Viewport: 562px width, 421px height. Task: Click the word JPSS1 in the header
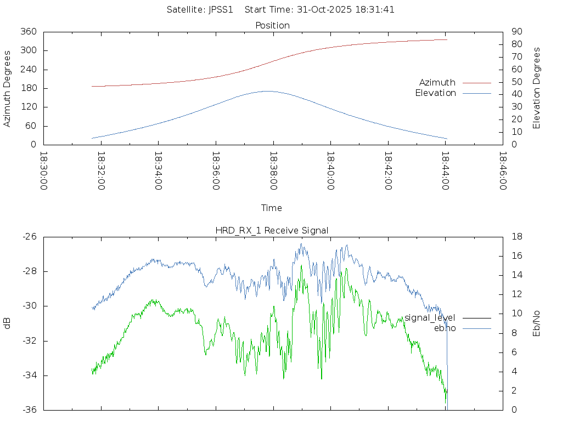[x=224, y=9]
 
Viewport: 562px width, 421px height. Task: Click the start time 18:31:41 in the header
[x=377, y=9]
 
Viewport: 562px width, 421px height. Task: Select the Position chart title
[x=272, y=25]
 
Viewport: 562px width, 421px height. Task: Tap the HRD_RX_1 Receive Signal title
[x=272, y=230]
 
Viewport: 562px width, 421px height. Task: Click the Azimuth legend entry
[x=437, y=82]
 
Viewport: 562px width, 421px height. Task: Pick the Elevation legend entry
[x=435, y=93]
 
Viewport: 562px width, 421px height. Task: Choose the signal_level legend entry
[x=430, y=317]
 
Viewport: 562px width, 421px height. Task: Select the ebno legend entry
[x=445, y=328]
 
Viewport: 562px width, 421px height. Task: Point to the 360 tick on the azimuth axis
[x=29, y=32]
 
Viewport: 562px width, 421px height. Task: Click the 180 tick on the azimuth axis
[x=29, y=88]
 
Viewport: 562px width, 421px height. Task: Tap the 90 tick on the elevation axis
[x=516, y=32]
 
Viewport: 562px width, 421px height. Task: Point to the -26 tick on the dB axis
[x=29, y=237]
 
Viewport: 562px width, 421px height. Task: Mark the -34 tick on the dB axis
[x=29, y=376]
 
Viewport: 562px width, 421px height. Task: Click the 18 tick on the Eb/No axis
[x=516, y=237]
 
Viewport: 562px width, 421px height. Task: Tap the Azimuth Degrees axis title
[x=8, y=88]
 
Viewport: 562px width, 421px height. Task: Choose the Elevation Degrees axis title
[x=537, y=88]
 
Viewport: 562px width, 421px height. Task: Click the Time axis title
[x=272, y=208]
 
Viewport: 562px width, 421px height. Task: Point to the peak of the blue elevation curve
[x=267, y=91]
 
